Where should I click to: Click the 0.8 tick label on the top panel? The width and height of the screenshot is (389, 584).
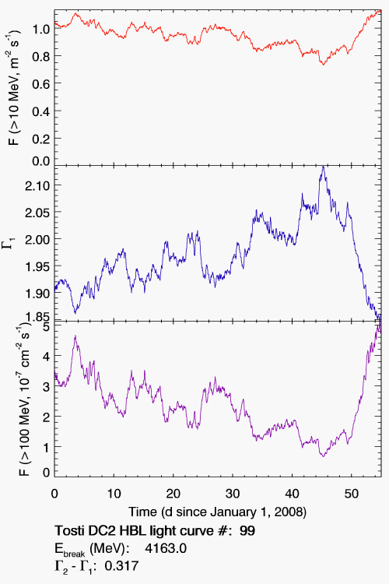pos(40,56)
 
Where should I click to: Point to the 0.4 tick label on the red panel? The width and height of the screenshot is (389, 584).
pos(40,111)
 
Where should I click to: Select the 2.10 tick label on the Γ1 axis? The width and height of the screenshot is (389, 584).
pos(37,185)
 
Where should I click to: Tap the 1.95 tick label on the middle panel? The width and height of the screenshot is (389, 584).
pos(37,266)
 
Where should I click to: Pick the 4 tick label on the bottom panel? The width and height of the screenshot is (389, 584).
pos(46,356)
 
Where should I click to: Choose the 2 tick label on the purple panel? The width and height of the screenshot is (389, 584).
pos(46,417)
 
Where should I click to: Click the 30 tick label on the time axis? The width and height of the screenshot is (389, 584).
pos(233,494)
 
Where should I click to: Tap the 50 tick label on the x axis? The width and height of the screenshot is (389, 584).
pos(352,494)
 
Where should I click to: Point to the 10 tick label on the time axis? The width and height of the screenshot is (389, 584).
pos(114,494)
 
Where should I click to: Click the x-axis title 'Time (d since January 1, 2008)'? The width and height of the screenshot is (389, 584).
pos(217,512)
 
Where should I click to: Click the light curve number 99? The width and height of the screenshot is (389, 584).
pos(247,530)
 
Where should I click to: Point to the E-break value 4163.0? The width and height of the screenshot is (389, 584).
pos(166,548)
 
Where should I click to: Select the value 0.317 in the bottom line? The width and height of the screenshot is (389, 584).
pos(121,566)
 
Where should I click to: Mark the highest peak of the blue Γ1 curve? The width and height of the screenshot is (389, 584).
pos(323,167)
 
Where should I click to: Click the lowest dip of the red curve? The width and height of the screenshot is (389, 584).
pos(323,65)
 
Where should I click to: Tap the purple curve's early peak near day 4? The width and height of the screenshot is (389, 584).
pos(75,336)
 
